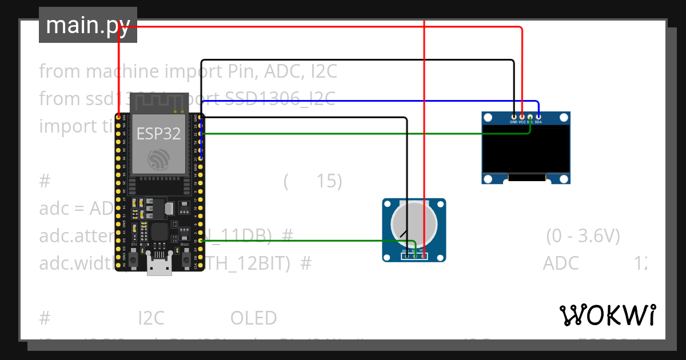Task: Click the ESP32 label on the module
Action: click(x=158, y=134)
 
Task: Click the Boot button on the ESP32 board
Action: click(x=186, y=259)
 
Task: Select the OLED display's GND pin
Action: click(x=514, y=117)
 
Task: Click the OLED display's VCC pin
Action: click(x=522, y=117)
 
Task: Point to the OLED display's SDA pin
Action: click(x=538, y=117)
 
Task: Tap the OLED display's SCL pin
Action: click(x=530, y=117)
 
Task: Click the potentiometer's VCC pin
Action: click(x=423, y=255)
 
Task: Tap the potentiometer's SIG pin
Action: click(x=414, y=255)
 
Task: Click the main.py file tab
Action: click(x=87, y=25)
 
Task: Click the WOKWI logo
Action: click(x=607, y=315)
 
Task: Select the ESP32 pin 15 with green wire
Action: click(x=200, y=241)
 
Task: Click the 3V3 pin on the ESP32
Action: click(x=118, y=117)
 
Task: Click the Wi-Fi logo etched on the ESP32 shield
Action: click(x=158, y=105)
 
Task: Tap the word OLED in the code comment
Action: click(x=253, y=318)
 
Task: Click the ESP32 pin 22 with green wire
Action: click(x=200, y=134)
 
